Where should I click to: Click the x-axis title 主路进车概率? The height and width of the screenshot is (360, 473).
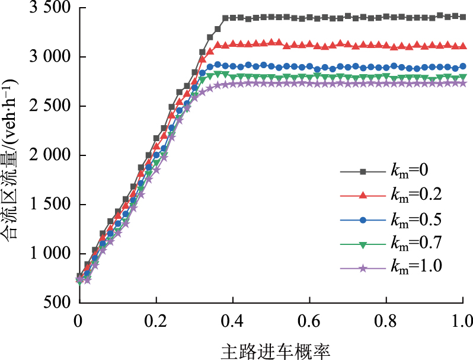point(270,349)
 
